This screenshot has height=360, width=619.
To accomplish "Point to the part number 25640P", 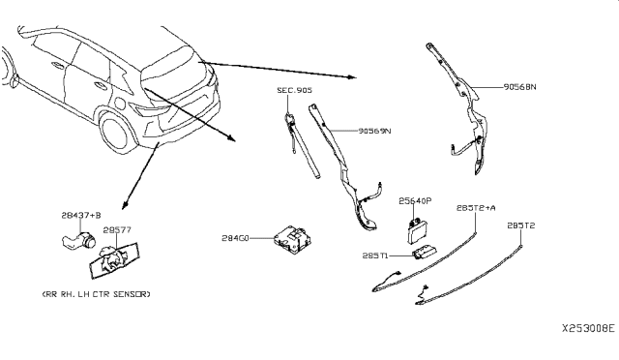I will (x=415, y=202).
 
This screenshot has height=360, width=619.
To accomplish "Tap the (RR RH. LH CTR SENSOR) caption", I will (x=96, y=292).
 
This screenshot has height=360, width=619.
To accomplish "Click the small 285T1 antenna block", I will (x=426, y=253).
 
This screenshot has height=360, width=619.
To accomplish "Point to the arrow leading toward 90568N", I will (x=280, y=69).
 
